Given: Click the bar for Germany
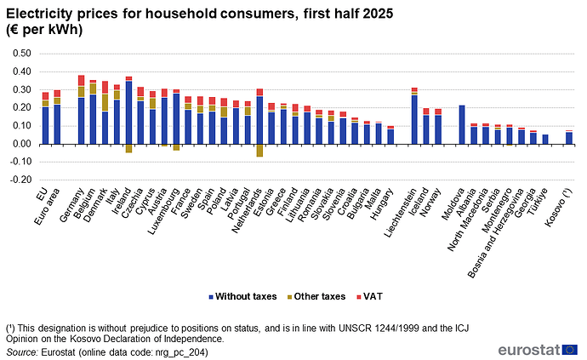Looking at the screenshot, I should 82,110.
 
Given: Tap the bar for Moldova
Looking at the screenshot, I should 462,124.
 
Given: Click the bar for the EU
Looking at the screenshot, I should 46,118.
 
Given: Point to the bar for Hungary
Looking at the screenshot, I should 390,135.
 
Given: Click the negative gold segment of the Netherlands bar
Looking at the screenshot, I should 259,151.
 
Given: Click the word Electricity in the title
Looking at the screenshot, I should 39,10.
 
